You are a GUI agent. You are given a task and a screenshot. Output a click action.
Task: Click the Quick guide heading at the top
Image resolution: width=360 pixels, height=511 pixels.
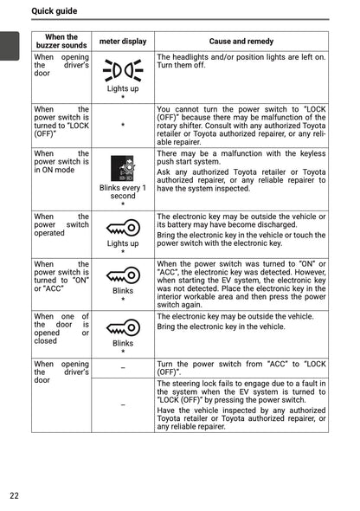coord(55,11)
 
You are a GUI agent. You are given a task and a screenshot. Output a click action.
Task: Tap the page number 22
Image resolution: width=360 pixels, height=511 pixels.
coord(15,495)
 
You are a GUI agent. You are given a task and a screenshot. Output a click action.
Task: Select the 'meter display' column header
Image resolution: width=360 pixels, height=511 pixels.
coord(122,42)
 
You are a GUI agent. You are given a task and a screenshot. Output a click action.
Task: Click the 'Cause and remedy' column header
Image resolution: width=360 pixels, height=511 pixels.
coord(241,42)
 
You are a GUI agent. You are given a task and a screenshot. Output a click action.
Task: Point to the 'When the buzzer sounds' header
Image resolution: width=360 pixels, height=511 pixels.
coord(61,42)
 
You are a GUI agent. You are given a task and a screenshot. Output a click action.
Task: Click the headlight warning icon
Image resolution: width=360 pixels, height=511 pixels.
coord(122,69)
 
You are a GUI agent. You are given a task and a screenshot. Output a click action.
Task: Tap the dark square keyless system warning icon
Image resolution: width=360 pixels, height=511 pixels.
coord(122,168)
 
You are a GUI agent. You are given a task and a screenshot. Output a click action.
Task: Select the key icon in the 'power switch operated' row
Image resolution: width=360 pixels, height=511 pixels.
coord(122,227)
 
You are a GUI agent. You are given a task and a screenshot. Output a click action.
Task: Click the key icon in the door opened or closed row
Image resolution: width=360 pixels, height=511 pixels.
coord(122,328)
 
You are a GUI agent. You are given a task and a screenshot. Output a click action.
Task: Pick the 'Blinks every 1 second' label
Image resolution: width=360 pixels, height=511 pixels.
coord(122,191)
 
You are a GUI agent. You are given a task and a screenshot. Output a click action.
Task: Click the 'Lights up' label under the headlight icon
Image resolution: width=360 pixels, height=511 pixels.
coord(122,88)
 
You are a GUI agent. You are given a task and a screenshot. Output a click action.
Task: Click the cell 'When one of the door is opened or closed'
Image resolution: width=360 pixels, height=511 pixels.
coord(61,329)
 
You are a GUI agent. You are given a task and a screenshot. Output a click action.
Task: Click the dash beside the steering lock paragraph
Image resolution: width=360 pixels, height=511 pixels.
coord(122,404)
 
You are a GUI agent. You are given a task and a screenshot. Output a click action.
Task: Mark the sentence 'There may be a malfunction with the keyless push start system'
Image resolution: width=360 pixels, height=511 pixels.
coord(241,157)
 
